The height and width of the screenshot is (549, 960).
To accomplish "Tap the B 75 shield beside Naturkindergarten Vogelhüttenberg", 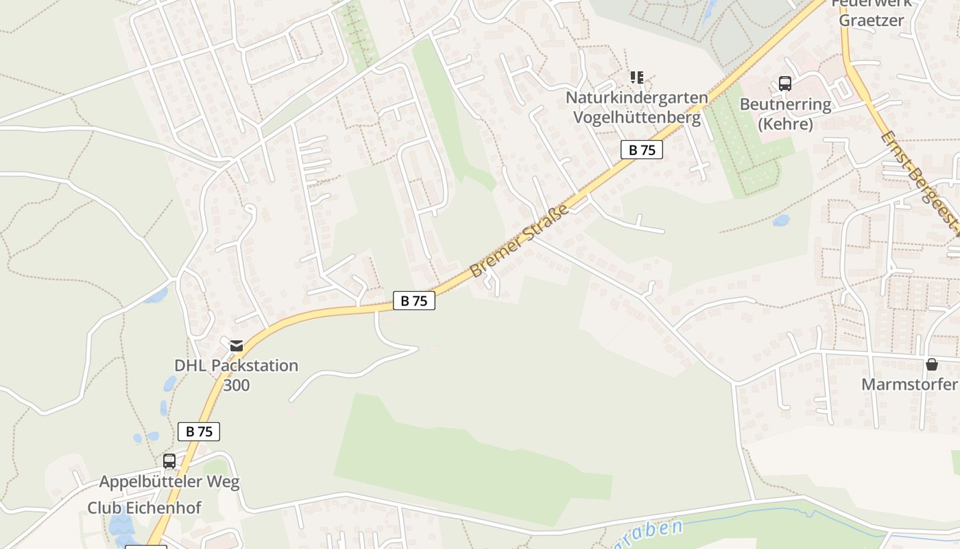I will [641, 150].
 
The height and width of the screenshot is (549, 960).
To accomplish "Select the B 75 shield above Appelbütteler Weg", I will [199, 431].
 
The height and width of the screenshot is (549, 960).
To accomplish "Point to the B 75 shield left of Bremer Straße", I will [413, 301].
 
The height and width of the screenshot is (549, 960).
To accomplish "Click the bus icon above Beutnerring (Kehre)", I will [785, 84].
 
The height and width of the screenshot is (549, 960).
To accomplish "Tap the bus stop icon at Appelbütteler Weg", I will [169, 461].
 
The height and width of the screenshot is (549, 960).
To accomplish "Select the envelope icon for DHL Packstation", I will [237, 345].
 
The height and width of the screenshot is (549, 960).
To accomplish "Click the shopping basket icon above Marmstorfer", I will [931, 364].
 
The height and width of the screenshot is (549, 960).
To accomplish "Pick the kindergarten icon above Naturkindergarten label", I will [637, 78].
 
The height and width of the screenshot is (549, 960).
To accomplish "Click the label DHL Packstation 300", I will [236, 375].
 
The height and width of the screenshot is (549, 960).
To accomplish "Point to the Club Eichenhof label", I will [144, 508].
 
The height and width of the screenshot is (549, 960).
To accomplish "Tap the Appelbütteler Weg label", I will [169, 482].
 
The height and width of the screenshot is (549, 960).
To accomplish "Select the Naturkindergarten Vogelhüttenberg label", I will [636, 108].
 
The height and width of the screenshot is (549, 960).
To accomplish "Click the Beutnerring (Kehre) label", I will [785, 114].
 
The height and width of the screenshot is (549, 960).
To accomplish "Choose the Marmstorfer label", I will [909, 384].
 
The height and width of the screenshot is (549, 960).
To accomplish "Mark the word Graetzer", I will [871, 20].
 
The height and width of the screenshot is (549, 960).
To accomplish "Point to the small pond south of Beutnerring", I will [780, 221].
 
